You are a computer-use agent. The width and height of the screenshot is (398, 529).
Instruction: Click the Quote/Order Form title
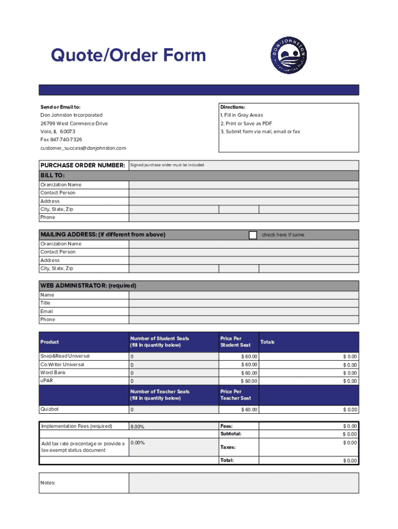(128, 55)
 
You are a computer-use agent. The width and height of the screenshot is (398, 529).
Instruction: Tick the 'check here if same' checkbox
(253, 235)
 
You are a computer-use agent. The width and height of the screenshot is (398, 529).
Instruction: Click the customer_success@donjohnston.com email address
(83, 148)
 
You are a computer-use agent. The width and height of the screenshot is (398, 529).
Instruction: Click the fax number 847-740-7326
(61, 140)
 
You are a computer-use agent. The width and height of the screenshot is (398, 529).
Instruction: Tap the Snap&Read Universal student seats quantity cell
(174, 357)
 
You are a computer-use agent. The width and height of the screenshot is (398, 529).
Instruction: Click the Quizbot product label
(50, 410)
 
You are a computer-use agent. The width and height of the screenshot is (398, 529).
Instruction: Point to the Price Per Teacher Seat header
(236, 395)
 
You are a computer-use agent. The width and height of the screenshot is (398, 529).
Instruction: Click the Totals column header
(268, 342)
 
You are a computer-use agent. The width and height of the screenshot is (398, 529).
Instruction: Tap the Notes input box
(243, 483)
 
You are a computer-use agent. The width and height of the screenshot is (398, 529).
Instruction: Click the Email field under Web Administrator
(243, 312)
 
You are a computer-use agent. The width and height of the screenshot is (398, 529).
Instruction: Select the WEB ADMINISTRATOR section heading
(88, 286)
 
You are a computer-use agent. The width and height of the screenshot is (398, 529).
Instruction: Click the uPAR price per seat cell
(239, 381)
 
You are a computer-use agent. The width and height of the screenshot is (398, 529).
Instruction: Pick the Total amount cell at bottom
(309, 461)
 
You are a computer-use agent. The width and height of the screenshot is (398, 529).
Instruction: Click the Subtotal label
(231, 434)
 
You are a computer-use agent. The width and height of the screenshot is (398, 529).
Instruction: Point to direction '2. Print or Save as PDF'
(246, 123)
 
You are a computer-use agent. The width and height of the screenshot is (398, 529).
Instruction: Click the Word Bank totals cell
(309, 373)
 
